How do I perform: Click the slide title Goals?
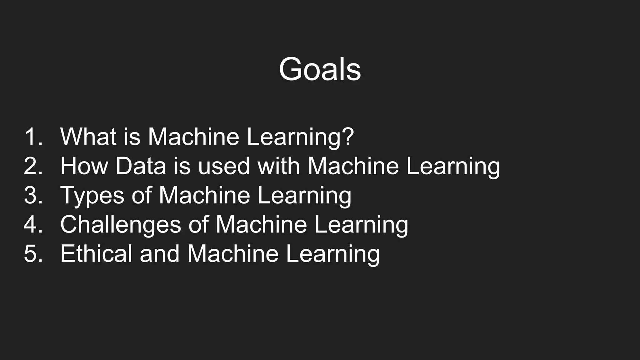coord(320,69)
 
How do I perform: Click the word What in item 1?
coord(88,137)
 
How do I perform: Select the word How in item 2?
coord(84,166)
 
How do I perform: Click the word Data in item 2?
coord(141,166)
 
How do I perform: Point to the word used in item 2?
coord(224,166)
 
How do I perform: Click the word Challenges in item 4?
coord(121,225)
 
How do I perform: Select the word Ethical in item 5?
coord(96,253)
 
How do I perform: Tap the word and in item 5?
coord(160,253)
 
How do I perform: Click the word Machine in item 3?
coord(204,195)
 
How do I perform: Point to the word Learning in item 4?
coord(361,225)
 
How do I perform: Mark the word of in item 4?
coord(198,224)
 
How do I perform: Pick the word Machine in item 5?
coord(233,253)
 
